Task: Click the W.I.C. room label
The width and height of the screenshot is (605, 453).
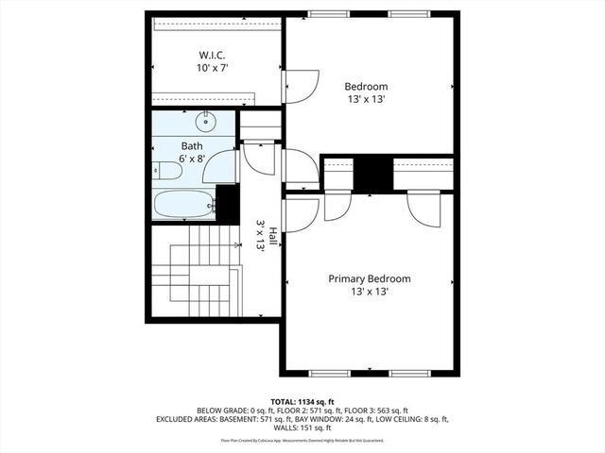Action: [211, 54]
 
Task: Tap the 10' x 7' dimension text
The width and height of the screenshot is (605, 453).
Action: [212, 68]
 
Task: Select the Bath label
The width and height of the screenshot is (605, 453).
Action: [192, 145]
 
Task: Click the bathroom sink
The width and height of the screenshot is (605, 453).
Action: [206, 122]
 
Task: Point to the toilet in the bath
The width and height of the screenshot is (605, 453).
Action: [166, 170]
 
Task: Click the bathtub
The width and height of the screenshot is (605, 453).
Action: [183, 203]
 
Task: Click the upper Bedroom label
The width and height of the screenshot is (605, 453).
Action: [366, 86]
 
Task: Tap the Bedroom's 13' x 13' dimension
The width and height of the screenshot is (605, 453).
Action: [366, 100]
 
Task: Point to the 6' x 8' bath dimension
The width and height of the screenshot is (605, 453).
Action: [192, 159]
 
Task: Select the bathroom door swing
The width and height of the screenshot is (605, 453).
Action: [220, 166]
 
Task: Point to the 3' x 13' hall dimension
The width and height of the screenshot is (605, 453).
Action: [259, 236]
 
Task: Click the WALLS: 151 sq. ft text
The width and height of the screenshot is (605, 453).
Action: [302, 428]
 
